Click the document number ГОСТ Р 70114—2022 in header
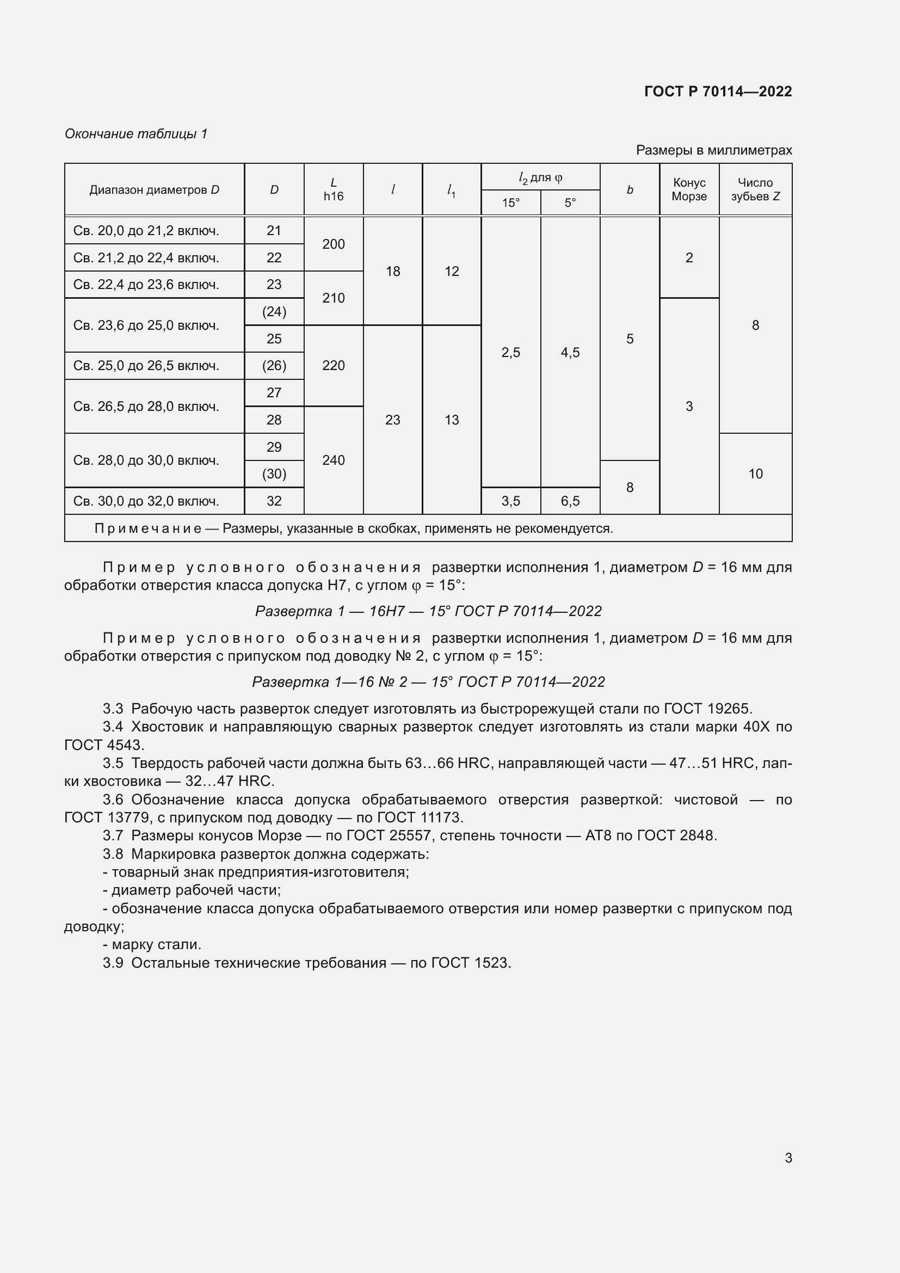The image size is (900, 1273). coord(718,91)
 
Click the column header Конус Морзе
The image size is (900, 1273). coord(689,189)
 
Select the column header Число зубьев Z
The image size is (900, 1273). coord(755,189)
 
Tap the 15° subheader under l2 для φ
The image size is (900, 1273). coord(510,203)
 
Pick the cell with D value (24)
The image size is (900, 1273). coord(274,312)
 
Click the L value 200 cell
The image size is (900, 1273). coord(333,244)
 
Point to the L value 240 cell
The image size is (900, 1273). coord(333,460)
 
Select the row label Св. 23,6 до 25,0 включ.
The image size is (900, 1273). coord(146,325)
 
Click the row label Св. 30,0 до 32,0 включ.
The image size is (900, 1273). coord(146,501)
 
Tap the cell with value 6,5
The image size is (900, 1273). coord(570,501)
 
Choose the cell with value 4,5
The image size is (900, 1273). coord(570,353)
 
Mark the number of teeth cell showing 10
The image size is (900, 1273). coord(755,474)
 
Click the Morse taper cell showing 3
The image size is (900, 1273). coord(689,407)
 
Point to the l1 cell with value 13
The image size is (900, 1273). coord(452,420)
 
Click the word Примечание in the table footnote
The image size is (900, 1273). coord(147,528)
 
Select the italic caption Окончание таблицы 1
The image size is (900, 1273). coord(136,134)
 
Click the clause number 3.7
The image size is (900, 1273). coord(113,835)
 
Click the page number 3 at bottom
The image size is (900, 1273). coord(788,1158)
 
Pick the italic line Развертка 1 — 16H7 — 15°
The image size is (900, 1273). coord(428,611)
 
